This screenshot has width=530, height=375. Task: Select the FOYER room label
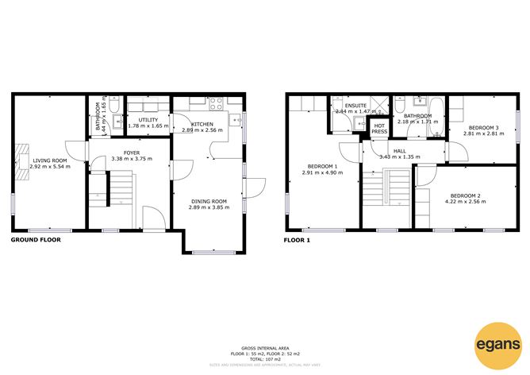click(x=131, y=152)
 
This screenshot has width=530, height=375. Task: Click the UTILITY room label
click(x=148, y=119)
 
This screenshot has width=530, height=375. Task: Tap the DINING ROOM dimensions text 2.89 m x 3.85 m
click(x=209, y=207)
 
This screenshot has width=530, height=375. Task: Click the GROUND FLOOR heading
click(x=36, y=239)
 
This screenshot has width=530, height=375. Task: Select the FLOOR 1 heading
click(x=298, y=239)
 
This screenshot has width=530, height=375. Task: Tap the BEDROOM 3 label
click(x=482, y=128)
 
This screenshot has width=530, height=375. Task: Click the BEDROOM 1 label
click(x=322, y=166)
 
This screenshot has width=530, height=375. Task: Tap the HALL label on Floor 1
click(x=400, y=150)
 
